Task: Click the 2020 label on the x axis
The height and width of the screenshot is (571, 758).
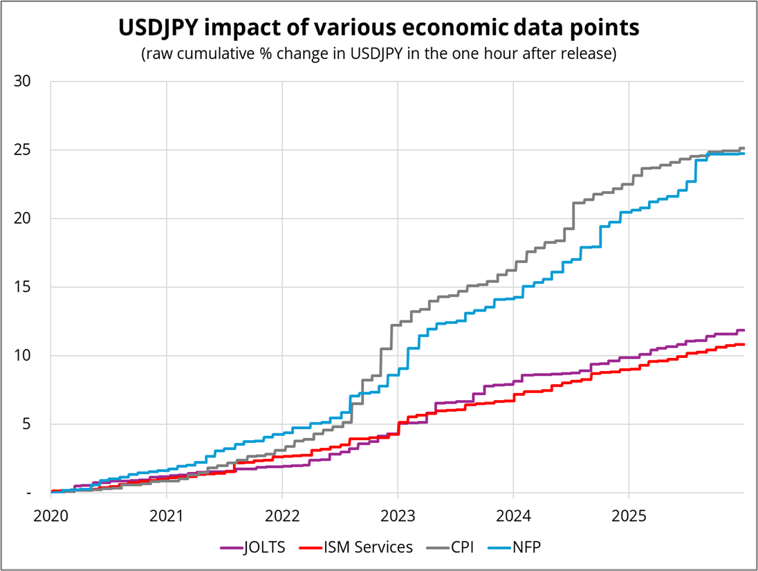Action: pos(50,516)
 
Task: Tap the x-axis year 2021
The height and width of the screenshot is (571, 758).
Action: pos(166,516)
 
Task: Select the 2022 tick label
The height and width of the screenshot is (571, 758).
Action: pos(281,516)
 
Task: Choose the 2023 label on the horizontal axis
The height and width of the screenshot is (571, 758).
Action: pos(397,516)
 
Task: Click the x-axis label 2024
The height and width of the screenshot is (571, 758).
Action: pos(512,516)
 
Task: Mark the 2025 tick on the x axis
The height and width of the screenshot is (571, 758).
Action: pos(628,516)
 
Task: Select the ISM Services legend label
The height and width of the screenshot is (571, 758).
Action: pos(368,547)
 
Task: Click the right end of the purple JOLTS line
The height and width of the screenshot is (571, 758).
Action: pos(743,330)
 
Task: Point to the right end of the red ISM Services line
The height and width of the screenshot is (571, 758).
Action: pos(743,344)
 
